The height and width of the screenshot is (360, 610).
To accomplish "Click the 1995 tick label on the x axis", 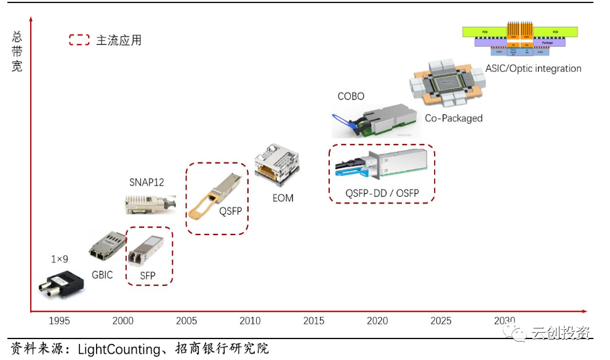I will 59,321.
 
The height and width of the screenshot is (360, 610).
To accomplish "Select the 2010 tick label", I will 250,321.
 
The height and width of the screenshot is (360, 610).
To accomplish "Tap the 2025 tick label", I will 441,321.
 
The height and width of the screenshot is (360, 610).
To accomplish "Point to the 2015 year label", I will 313,321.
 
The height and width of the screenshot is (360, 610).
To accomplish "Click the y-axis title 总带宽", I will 17,52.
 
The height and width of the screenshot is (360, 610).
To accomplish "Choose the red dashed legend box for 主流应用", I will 79,41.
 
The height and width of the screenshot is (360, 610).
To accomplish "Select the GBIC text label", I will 102,275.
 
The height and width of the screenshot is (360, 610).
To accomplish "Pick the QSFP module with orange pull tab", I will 215,194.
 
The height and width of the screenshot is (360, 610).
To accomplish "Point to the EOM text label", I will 283,198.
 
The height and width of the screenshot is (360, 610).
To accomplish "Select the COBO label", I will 351,97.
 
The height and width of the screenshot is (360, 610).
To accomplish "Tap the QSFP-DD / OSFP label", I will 382,193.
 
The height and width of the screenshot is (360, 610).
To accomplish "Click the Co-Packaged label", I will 454,118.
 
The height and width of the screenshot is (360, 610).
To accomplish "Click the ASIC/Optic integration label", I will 533,68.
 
